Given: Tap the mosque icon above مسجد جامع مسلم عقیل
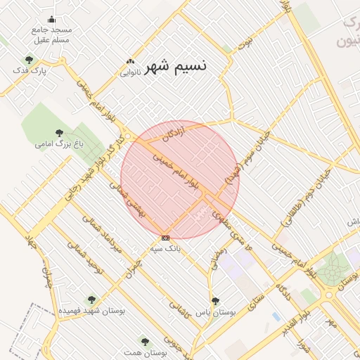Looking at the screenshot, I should (x=51, y=20).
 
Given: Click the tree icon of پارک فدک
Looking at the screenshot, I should (x=28, y=60).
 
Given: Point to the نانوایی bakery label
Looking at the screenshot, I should (x=131, y=72).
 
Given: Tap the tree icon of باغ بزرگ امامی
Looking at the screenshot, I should (x=59, y=133).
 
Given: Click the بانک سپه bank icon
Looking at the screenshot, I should (x=165, y=238).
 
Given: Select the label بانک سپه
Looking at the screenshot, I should (x=167, y=248).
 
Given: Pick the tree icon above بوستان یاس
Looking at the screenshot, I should (x=215, y=300).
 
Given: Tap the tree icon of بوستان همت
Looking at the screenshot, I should (x=145, y=341).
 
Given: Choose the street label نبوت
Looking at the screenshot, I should (x=245, y=43).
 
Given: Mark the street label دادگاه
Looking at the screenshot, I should (x=285, y=291).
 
